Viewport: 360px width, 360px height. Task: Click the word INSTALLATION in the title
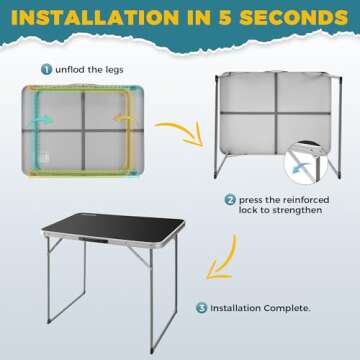(x=94, y=18)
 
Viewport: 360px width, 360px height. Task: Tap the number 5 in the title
(x=227, y=18)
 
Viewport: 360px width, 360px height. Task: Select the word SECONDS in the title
(x=294, y=18)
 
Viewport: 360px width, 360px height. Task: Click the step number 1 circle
(x=47, y=69)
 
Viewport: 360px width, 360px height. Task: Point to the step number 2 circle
(x=230, y=200)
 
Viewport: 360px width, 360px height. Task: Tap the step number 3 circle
(x=201, y=308)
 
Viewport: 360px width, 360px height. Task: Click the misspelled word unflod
(x=71, y=69)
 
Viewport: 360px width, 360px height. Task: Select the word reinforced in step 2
(x=306, y=200)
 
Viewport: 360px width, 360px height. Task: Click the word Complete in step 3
(x=287, y=308)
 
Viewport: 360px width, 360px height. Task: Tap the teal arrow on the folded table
(x=46, y=119)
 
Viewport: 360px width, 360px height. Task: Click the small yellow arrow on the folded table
(x=120, y=118)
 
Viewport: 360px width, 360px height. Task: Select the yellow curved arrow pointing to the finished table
(x=223, y=258)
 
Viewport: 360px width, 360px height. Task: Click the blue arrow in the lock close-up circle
(x=302, y=168)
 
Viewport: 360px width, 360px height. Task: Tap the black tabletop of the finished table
(x=113, y=226)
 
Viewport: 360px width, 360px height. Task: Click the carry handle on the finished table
(x=94, y=240)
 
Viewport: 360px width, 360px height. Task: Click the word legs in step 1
(x=114, y=70)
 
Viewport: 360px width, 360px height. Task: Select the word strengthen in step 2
(x=296, y=211)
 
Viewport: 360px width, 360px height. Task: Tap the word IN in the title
(x=199, y=18)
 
